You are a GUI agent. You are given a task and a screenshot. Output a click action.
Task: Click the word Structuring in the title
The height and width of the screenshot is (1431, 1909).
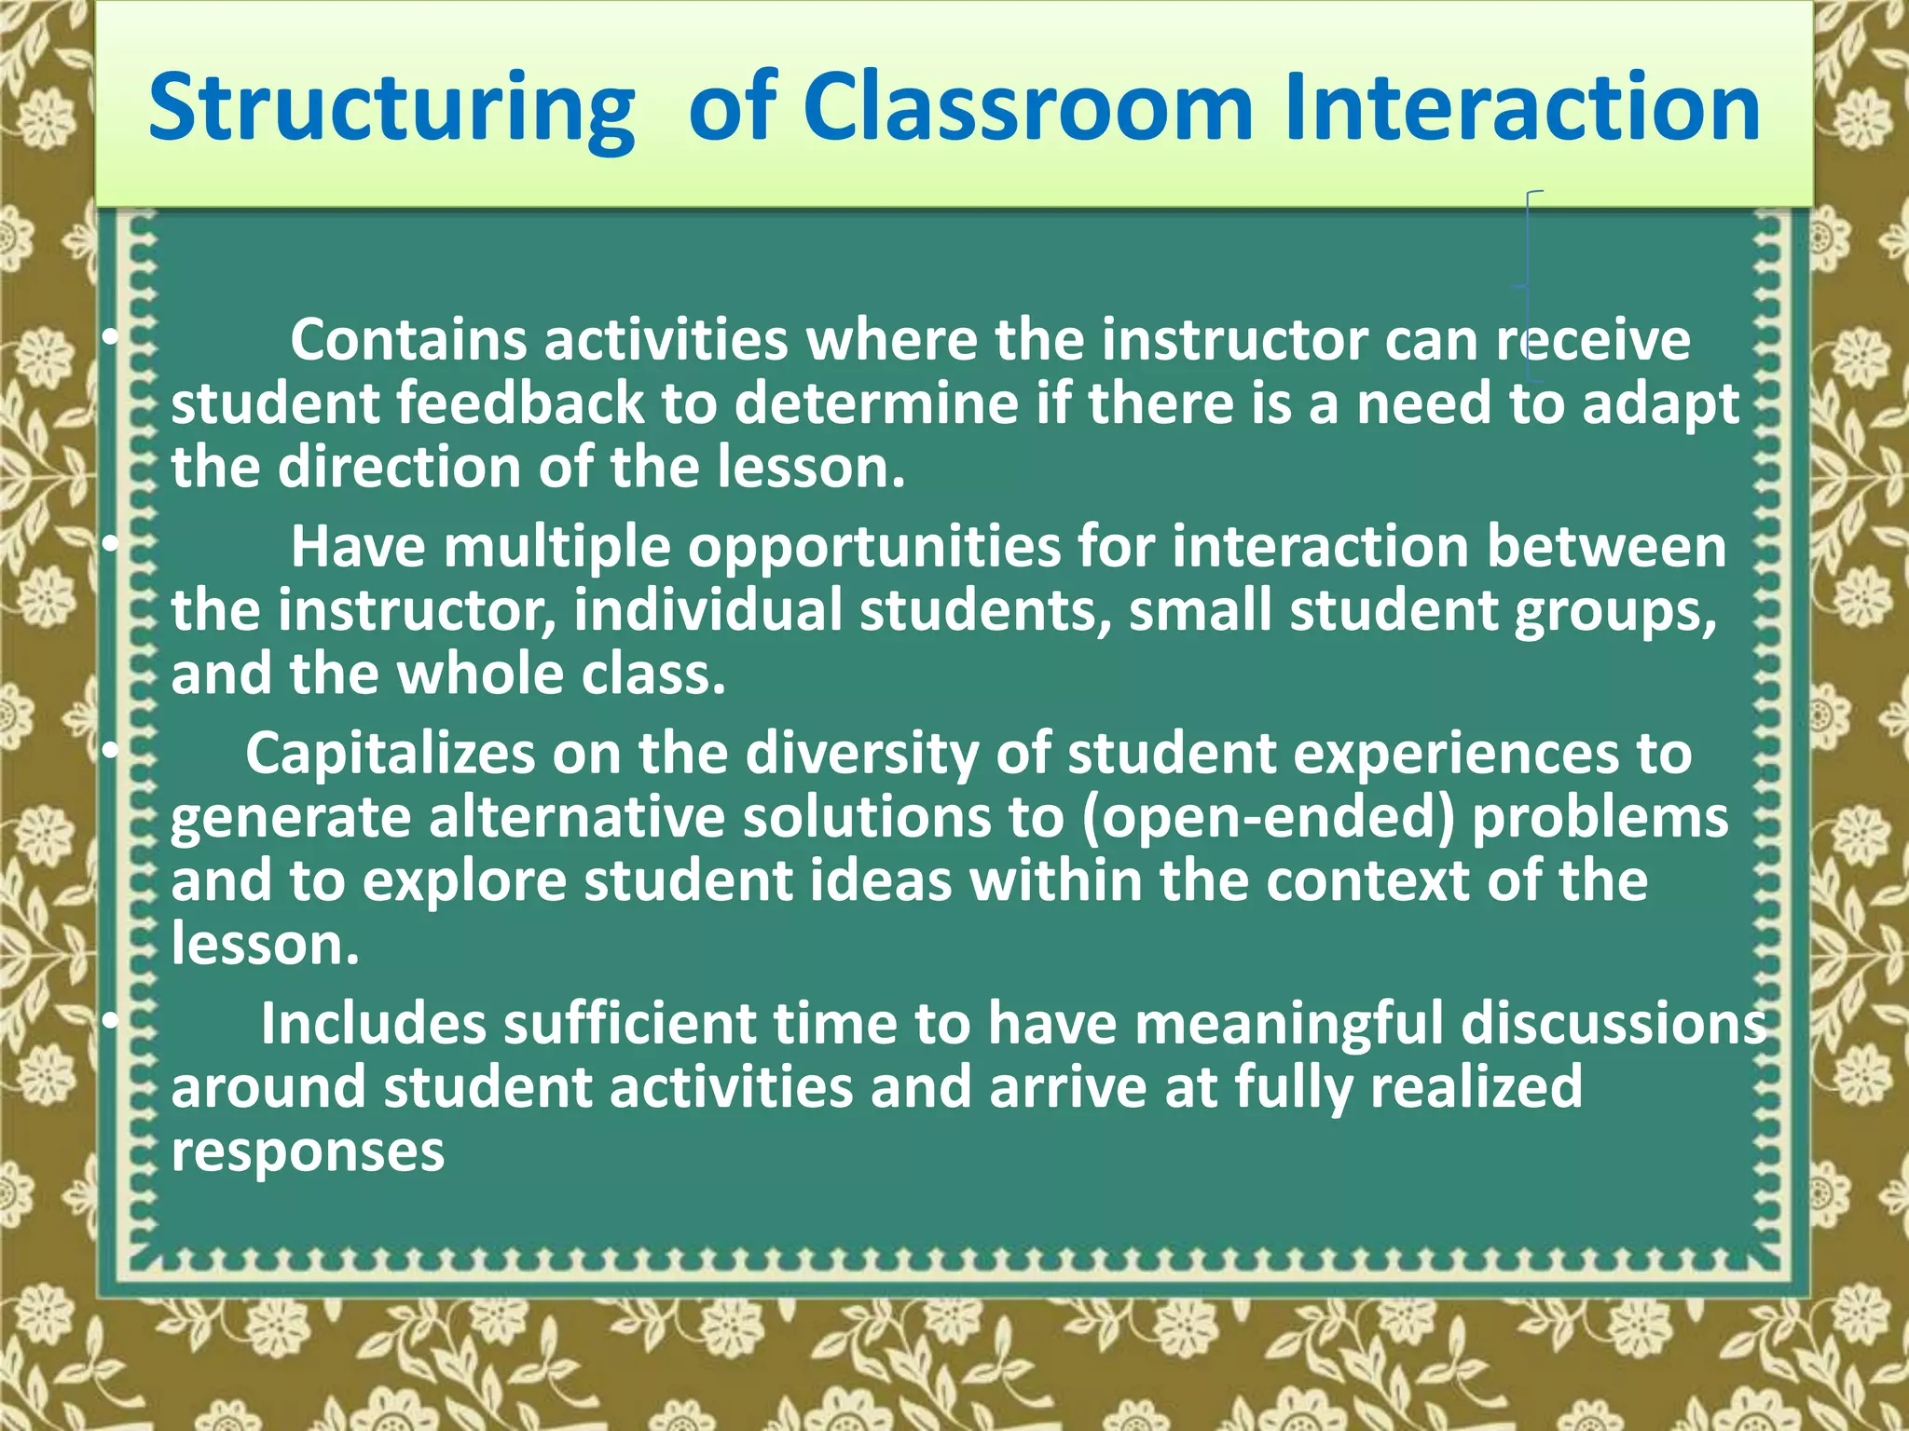pos(391,110)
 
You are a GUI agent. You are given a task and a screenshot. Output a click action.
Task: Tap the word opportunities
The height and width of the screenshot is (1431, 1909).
pos(873,548)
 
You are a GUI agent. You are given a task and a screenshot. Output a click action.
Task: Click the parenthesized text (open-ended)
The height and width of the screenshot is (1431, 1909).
pos(1268,818)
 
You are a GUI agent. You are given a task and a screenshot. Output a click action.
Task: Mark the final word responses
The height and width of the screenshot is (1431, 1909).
pos(308,1152)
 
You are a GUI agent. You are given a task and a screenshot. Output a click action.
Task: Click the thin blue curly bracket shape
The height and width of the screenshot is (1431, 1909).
pos(1530,285)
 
